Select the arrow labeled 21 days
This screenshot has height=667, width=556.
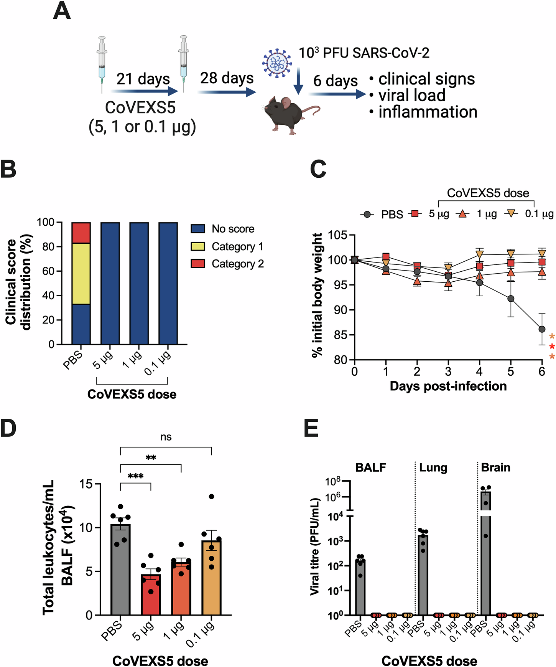pos(145,91)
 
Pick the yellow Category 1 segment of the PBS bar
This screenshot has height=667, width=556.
pos(81,273)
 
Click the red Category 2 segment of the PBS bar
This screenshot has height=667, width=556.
pos(81,233)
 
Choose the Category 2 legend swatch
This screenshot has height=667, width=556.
pos(198,264)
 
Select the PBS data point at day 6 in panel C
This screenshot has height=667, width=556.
pos(542,329)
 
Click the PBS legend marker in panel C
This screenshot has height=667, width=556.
pos(367,214)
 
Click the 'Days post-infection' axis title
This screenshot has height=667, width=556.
pos(448,386)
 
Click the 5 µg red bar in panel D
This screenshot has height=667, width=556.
pos(151,595)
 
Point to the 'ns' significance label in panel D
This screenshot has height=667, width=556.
pos(166,437)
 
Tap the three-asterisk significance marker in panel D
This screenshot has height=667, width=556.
pos(136,476)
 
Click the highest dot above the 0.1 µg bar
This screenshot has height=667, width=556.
pos(211,497)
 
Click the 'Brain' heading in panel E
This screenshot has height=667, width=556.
pos(495,467)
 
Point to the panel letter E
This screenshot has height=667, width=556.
pos(311,428)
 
